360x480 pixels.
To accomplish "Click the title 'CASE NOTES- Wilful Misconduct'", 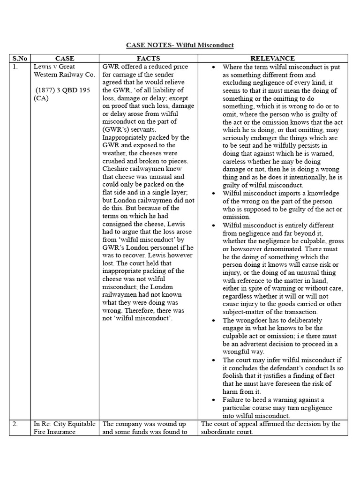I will tap(180, 45).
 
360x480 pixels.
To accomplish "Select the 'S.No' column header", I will tap(20, 59).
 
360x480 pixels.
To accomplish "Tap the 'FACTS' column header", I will tap(148, 59).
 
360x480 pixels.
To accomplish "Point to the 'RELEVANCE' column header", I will tap(272, 59).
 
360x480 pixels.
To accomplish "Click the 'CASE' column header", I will tap(65, 59).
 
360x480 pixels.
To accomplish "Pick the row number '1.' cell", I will tap(15, 67).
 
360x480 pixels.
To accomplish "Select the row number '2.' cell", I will tap(15, 424).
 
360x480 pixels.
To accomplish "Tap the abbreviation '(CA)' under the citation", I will tap(41, 98).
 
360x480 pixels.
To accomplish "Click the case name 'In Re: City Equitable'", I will tap(64, 424).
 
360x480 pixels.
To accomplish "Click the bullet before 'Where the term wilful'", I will tap(214, 67).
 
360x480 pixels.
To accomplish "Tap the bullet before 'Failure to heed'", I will tap(214, 400).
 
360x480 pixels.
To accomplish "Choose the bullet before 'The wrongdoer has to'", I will tap(214, 321).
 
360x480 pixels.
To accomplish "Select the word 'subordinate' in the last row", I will tap(219, 432).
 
